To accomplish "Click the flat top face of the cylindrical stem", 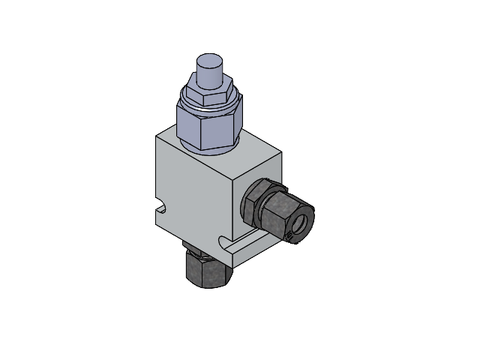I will click(210, 60).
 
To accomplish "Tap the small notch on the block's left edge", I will click(160, 205).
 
